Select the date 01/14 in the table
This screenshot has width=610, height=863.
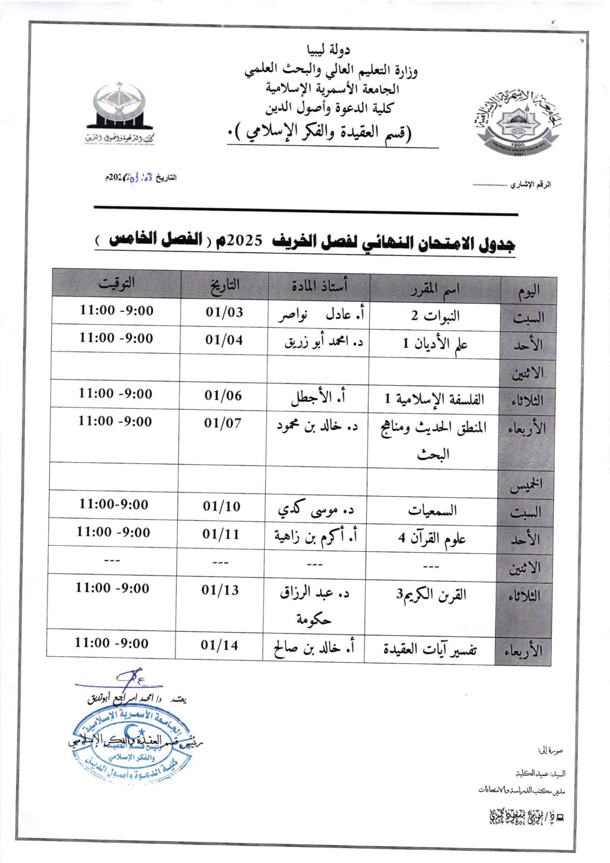(220, 645)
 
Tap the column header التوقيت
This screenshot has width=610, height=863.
(116, 283)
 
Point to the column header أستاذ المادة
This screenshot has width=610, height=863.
(320, 285)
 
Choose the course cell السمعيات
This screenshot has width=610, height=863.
(433, 510)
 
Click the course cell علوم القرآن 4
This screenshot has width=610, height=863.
(432, 538)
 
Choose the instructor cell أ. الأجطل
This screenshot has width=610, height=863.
(318, 398)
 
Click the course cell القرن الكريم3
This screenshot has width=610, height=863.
(431, 595)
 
